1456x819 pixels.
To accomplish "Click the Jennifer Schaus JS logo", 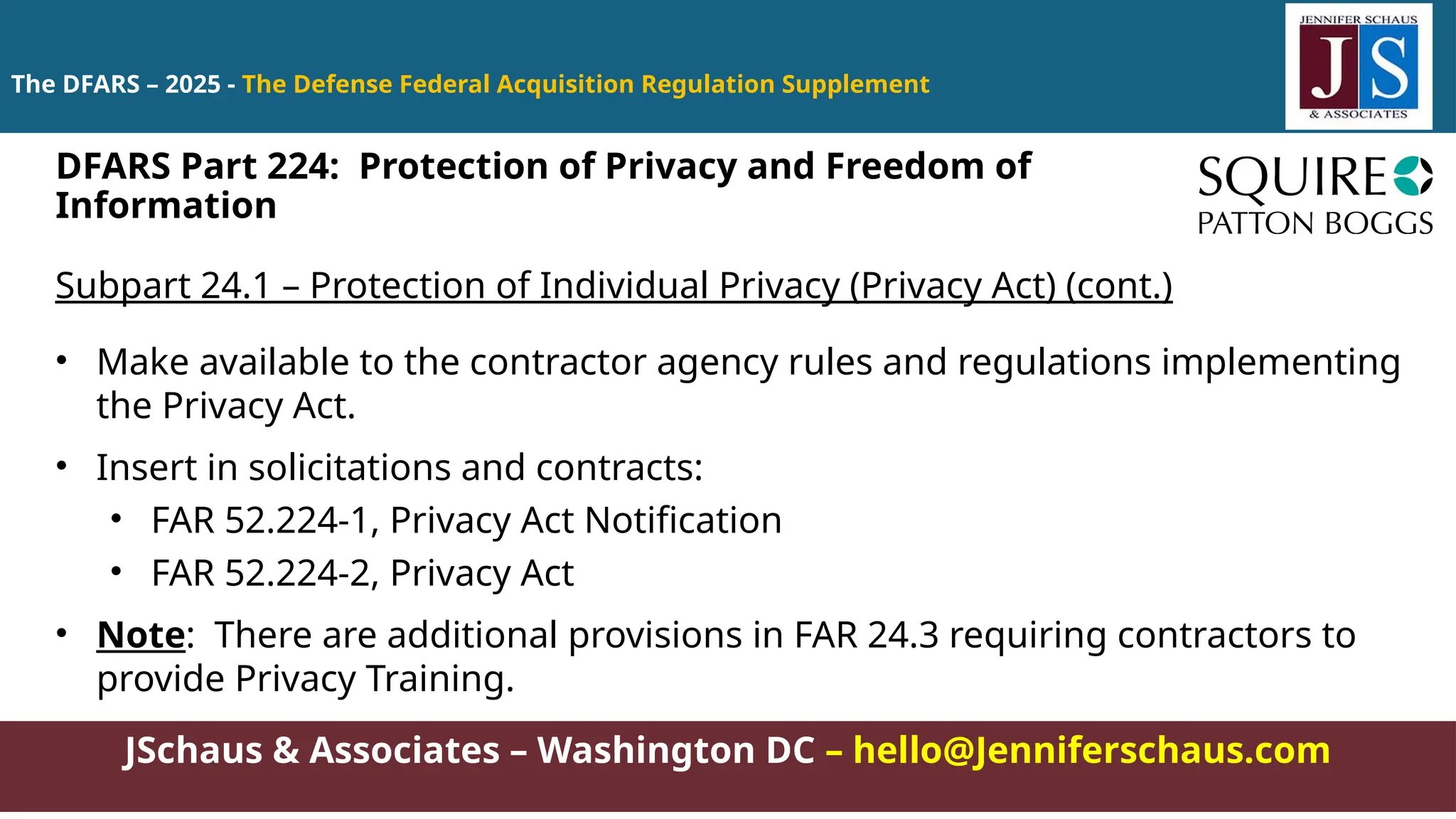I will [x=1358, y=67].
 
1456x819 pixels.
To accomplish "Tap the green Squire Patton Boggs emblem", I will [x=1413, y=176].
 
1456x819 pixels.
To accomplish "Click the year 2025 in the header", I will [x=193, y=85].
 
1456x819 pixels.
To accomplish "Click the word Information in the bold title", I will [x=166, y=206].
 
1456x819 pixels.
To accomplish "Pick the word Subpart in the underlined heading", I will [x=122, y=286].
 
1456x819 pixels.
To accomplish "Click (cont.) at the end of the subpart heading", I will [x=1118, y=286].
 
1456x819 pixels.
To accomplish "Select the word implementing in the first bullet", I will [x=1280, y=363].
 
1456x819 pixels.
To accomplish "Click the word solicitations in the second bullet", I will [x=349, y=468].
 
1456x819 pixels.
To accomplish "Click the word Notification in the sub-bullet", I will [x=682, y=520].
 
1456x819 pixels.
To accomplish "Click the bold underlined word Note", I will [x=141, y=635].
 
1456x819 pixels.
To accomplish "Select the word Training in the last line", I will [x=439, y=679].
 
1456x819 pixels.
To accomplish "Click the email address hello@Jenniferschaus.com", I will [x=1091, y=751].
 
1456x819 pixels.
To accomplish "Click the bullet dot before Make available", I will [x=63, y=361].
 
